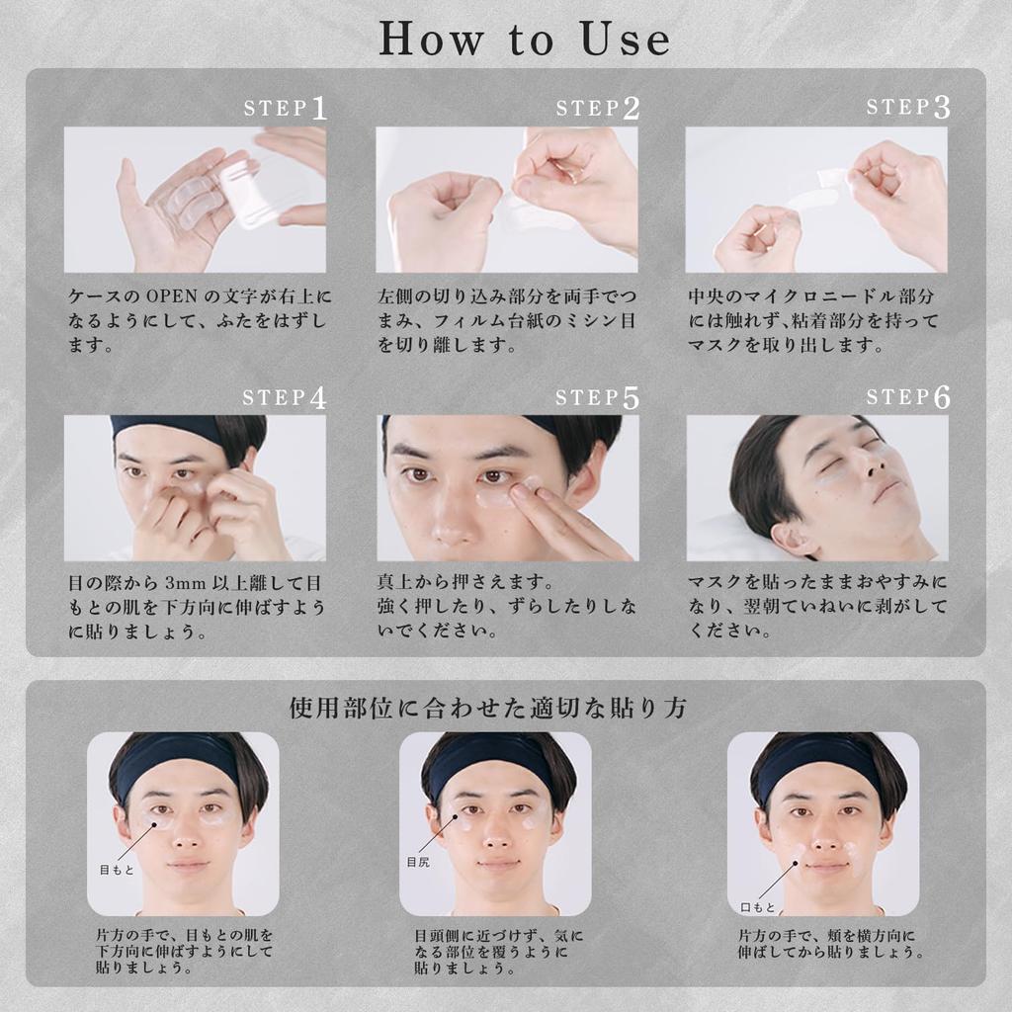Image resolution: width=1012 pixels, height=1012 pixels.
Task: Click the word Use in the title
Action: click(x=618, y=39)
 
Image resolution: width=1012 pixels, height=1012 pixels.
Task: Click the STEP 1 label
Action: click(x=286, y=108)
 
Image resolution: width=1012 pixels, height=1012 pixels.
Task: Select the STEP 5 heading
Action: click(x=598, y=397)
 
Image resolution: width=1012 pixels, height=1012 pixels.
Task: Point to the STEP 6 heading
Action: click(x=908, y=397)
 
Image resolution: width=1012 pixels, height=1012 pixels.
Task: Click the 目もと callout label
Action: click(x=117, y=869)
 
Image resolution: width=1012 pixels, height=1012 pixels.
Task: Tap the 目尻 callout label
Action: click(x=418, y=863)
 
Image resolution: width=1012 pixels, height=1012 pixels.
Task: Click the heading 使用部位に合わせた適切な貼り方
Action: click(x=488, y=709)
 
